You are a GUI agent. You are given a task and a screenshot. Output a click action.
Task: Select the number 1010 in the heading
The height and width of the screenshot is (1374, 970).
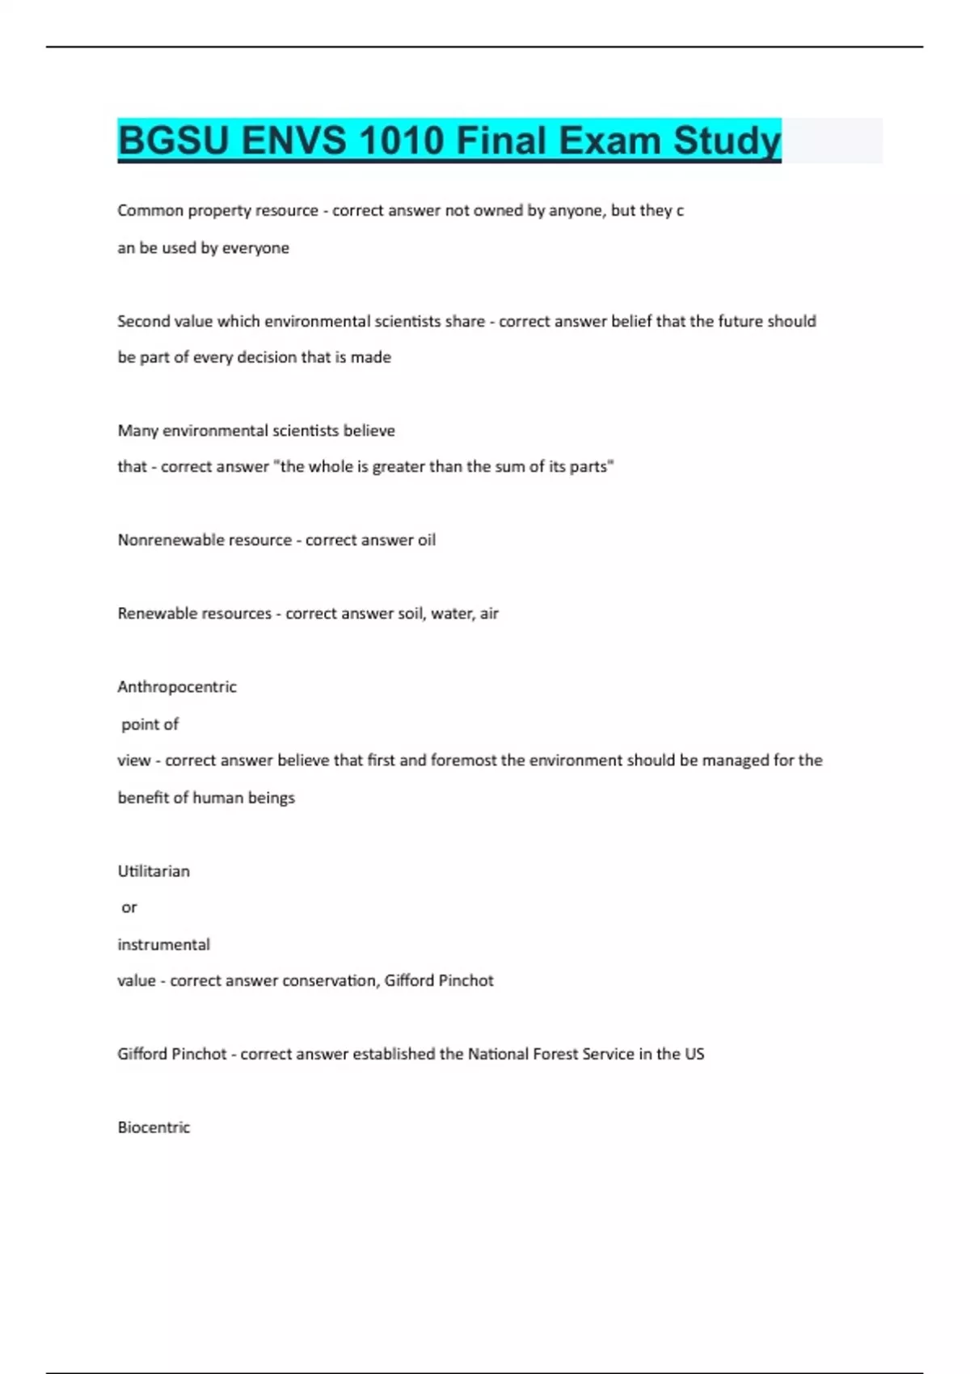pos(401,141)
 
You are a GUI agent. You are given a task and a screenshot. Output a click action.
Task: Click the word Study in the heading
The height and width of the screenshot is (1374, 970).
pos(727,141)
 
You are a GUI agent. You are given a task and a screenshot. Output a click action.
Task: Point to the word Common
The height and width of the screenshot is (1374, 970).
pos(150,211)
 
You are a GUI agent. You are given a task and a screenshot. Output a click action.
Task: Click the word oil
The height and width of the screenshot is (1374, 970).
pos(426,540)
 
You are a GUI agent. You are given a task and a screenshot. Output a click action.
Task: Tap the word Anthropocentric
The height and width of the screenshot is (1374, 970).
pos(177,687)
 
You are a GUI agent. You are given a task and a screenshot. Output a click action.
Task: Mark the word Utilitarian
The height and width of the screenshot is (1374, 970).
pos(154,871)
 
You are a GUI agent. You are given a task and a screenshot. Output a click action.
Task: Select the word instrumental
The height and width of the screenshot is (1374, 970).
pos(163,945)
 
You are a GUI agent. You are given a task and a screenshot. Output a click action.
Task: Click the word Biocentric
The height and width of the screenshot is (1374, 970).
pos(154,1127)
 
